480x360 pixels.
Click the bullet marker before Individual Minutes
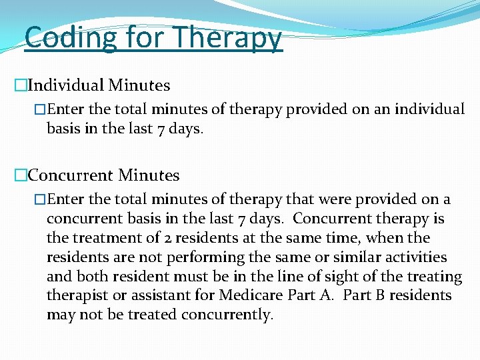point(20,86)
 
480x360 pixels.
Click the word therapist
point(74,295)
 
